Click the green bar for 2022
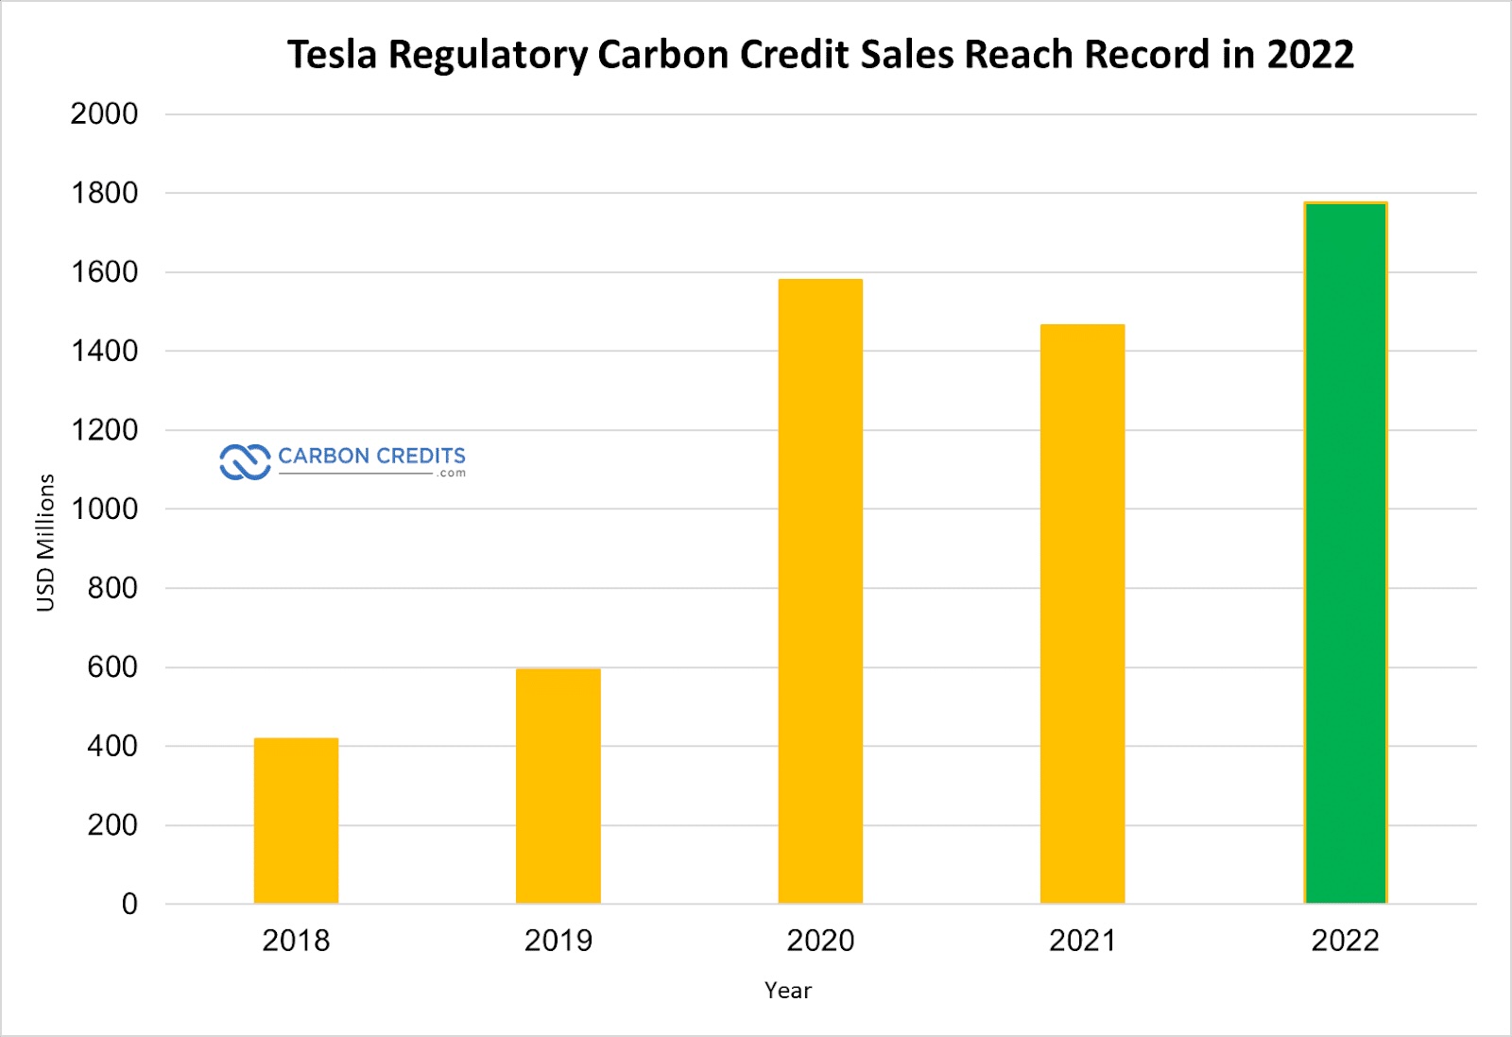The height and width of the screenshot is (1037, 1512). click(1346, 553)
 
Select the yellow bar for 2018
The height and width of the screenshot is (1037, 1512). click(296, 821)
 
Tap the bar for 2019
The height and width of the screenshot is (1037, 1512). click(558, 786)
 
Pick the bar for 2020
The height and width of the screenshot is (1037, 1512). click(820, 591)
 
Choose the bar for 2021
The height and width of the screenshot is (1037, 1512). click(1082, 614)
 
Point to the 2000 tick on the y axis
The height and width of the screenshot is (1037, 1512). click(104, 114)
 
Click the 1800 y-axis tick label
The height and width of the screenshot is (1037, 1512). click(104, 194)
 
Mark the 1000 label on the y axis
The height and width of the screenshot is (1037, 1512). click(104, 510)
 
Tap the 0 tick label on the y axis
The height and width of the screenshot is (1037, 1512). click(129, 905)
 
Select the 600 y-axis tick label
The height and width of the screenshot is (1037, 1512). click(112, 667)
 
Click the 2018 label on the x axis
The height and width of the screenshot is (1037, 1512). click(296, 941)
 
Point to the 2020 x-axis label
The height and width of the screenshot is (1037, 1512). click(820, 941)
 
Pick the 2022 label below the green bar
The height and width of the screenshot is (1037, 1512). click(1345, 941)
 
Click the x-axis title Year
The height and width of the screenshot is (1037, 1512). click(787, 991)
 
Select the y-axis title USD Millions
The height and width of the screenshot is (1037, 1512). click(45, 543)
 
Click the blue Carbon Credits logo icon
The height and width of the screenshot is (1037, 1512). click(245, 462)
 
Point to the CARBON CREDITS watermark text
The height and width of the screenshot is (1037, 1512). click(371, 457)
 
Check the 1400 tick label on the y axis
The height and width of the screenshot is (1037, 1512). click(104, 352)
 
